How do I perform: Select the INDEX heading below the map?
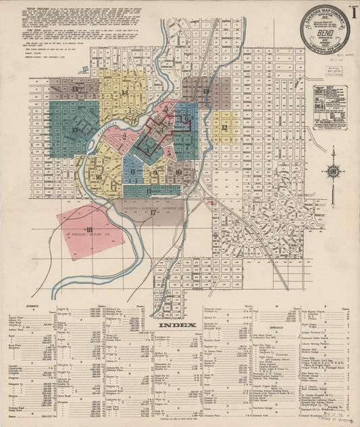[178, 324]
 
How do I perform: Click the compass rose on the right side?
[333, 170]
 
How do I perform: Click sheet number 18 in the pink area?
[89, 230]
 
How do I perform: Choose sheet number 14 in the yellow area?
[124, 93]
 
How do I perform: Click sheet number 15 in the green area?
[74, 130]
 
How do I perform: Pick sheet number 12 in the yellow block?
[222, 127]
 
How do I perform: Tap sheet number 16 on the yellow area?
[99, 178]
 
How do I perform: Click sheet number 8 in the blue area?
[134, 172]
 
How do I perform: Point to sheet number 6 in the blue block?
[187, 120]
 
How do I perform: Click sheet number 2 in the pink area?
[125, 136]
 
